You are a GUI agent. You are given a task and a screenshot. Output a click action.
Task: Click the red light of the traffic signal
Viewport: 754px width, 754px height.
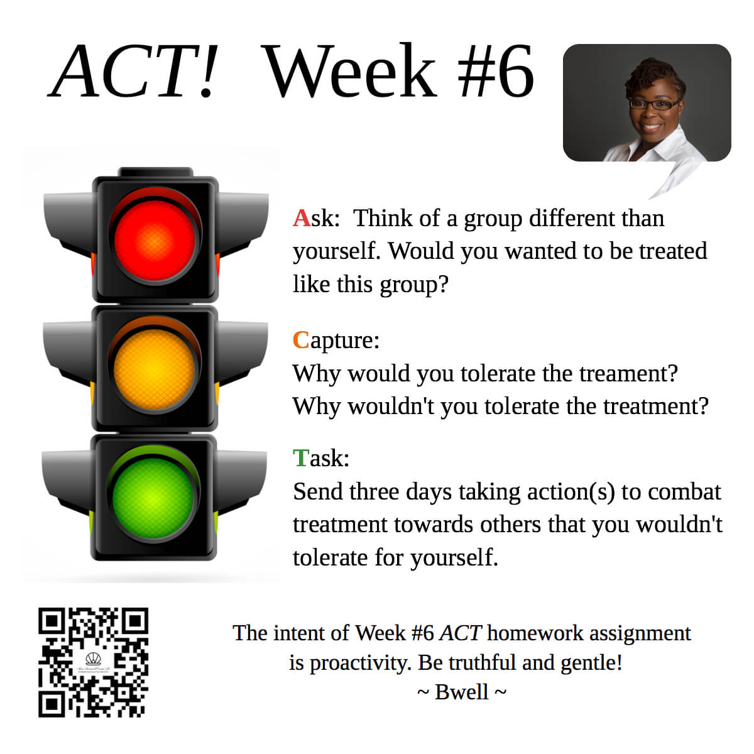pos(155,240)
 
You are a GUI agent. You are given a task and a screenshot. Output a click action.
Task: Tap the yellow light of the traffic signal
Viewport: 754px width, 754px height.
pos(154,369)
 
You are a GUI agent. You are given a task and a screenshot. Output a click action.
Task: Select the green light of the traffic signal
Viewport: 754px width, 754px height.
pos(153,498)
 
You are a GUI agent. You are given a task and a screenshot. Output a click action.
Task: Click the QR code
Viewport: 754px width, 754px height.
pos(93,662)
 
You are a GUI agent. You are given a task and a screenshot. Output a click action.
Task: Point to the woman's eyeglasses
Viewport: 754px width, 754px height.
pos(654,104)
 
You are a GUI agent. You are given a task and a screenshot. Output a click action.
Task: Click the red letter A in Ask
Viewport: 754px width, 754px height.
pos(302,218)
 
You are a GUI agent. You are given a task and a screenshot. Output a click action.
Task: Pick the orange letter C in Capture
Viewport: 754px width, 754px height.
pos(301,340)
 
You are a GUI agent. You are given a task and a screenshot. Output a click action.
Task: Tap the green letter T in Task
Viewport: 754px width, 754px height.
pos(301,457)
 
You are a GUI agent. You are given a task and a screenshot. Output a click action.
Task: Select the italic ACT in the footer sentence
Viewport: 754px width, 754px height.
pos(460,633)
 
